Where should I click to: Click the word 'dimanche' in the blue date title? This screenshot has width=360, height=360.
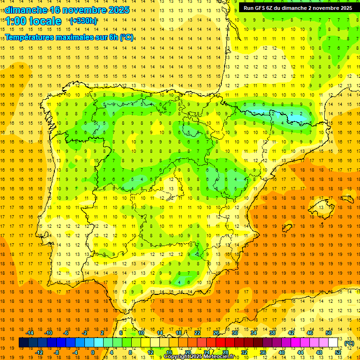click(x=26, y=10)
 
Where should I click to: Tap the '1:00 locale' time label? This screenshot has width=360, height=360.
click(x=33, y=21)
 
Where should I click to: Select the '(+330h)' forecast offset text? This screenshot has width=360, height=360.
click(x=83, y=21)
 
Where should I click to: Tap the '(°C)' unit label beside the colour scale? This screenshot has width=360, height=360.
click(x=349, y=343)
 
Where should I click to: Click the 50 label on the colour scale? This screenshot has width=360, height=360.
click(x=329, y=333)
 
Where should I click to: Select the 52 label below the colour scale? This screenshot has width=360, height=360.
click(x=338, y=352)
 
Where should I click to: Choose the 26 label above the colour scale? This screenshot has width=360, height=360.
click(x=216, y=333)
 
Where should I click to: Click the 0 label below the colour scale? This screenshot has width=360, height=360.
click(x=93, y=352)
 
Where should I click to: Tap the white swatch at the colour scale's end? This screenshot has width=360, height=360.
click(x=333, y=343)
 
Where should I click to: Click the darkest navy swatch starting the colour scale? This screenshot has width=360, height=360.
click(x=23, y=343)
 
